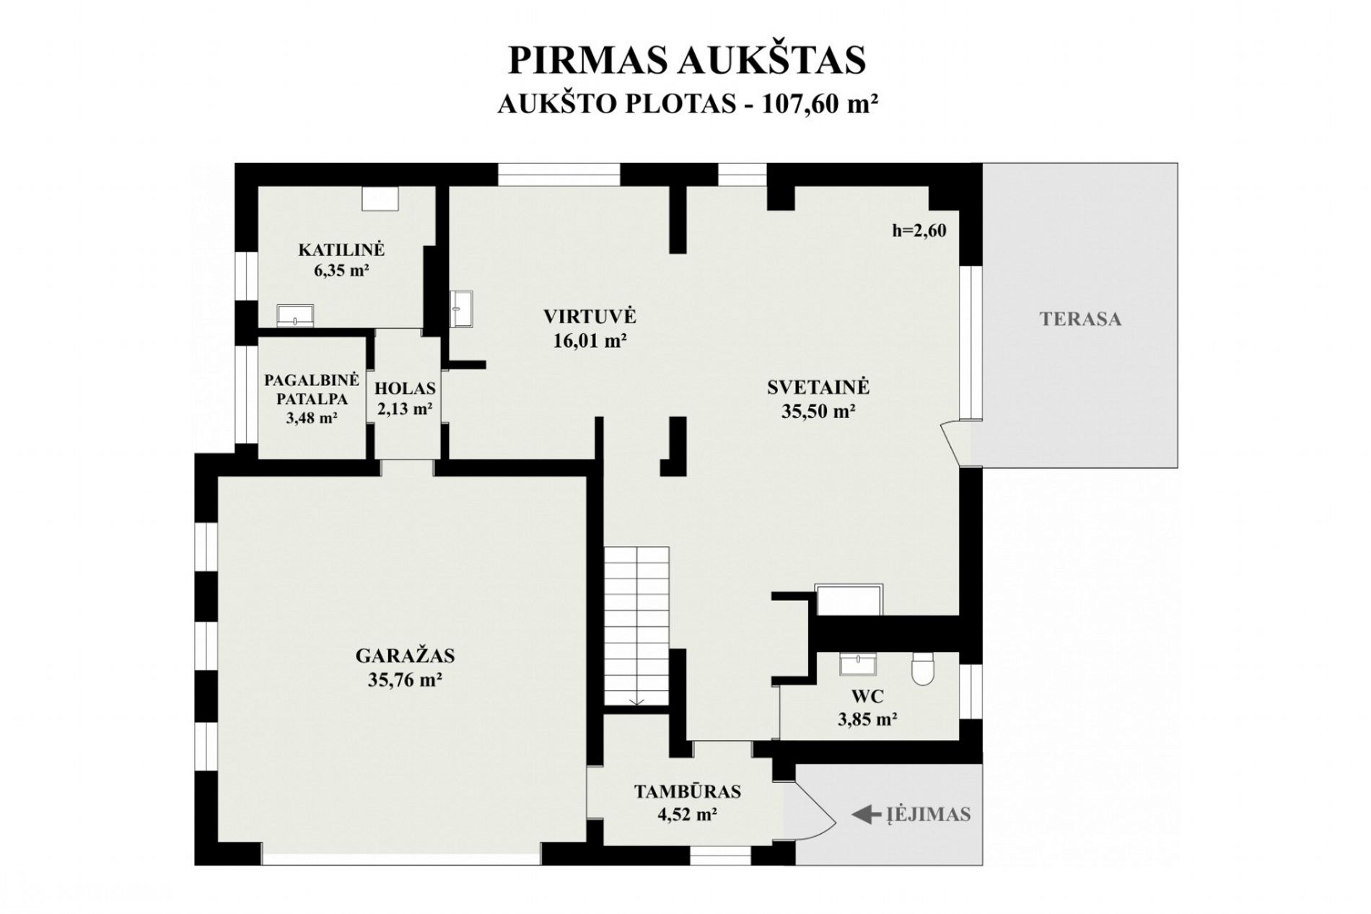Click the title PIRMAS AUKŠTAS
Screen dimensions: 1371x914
tap(687, 61)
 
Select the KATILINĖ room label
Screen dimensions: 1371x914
tap(341, 250)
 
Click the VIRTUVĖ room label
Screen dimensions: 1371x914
tap(590, 317)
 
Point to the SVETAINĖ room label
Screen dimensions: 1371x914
tap(818, 387)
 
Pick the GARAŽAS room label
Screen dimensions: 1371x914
tap(405, 656)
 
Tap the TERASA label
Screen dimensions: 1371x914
tap(1080, 319)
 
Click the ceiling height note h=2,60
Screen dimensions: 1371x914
tap(919, 231)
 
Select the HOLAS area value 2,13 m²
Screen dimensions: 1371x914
tap(405, 409)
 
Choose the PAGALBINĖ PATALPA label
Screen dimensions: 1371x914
tap(312, 390)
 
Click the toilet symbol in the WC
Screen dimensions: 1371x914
tap(922, 668)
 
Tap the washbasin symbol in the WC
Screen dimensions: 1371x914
tap(858, 664)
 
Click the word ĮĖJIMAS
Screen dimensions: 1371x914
tap(929, 814)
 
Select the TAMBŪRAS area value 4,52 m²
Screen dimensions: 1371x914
tap(687, 815)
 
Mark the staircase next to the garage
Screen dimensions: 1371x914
tap(636, 626)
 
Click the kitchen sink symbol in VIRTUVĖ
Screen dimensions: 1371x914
tap(461, 309)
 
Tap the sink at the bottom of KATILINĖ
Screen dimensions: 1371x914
tap(296, 315)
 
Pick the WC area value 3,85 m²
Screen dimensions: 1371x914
tap(867, 719)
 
